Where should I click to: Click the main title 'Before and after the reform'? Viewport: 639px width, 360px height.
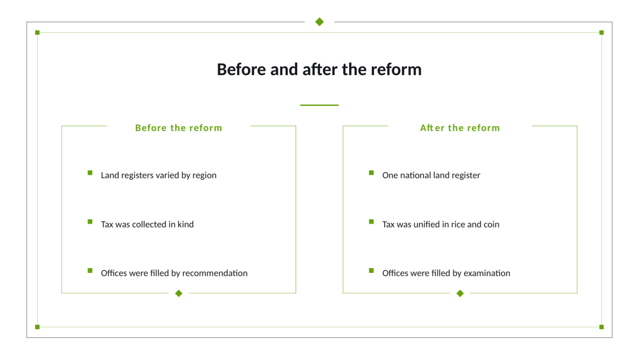pos(319,69)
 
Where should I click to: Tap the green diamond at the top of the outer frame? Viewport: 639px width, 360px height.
pos(319,22)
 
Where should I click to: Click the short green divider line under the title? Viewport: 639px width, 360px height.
pos(319,105)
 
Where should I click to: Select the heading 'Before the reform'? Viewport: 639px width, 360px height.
pos(179,128)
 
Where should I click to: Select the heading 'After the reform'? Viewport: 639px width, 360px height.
pos(460,128)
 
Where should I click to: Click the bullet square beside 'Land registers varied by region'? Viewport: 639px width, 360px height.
pos(90,172)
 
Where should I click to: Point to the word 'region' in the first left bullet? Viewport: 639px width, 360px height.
pos(204,176)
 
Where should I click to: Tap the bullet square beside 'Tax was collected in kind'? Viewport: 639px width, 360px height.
pos(90,222)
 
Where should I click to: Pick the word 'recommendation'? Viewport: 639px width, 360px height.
pos(215,273)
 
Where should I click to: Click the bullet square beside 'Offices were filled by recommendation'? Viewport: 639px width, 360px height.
pos(90,270)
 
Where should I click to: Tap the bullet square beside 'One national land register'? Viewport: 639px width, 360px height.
pos(371,172)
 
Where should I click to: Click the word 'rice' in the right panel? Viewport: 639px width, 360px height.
pos(458,224)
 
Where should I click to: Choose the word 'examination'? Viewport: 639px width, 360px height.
pos(487,273)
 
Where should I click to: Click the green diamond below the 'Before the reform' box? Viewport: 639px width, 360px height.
pos(179,293)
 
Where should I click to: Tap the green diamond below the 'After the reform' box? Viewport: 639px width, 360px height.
pos(460,293)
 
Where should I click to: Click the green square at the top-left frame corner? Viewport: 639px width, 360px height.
pos(37,32)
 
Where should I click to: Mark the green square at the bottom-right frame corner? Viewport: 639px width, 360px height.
pos(602,327)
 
